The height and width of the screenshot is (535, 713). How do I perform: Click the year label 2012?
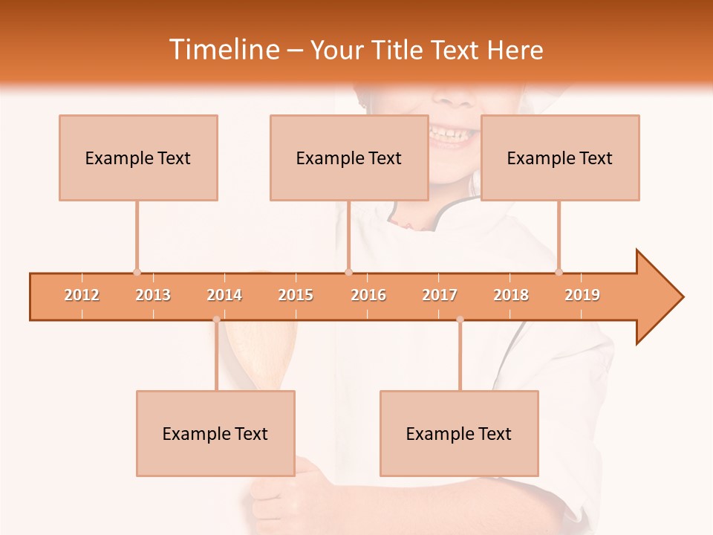coord(82,295)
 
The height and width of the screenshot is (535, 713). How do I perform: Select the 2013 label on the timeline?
coord(153,295)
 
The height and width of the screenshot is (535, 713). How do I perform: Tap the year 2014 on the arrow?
coord(224,295)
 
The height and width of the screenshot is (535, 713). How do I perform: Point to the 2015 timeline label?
coord(296,295)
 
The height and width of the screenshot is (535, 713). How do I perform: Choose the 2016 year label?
coord(368,295)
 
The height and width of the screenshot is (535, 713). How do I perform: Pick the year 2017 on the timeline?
coord(440,295)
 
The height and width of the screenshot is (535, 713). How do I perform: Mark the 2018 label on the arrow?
coord(511,295)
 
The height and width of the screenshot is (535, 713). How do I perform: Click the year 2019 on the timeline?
coord(582,295)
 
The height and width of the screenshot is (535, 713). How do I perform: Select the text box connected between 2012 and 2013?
coord(138,158)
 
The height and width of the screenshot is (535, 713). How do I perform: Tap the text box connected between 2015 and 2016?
coord(349,158)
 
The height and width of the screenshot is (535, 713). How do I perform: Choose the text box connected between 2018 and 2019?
coord(560,158)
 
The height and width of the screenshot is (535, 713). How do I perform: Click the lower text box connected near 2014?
coord(215,433)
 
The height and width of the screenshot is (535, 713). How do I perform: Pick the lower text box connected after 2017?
coord(459,433)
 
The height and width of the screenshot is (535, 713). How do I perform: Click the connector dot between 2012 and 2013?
coord(137,272)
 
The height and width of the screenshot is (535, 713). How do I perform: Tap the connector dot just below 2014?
coord(216,320)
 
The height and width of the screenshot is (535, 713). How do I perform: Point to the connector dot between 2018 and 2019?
coord(559,272)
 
